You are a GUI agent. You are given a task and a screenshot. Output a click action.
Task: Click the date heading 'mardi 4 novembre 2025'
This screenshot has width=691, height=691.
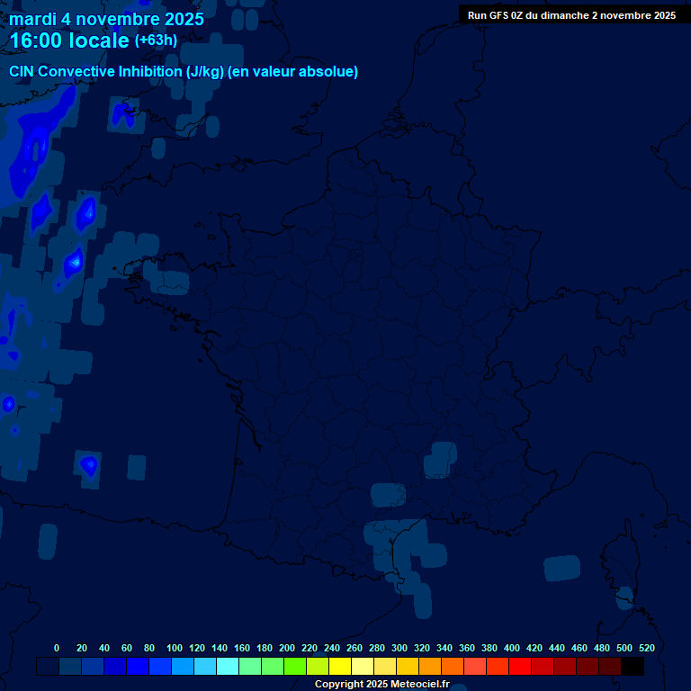pyautogui.click(x=106, y=19)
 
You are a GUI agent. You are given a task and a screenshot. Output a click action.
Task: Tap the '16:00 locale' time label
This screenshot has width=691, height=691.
pyautogui.click(x=69, y=40)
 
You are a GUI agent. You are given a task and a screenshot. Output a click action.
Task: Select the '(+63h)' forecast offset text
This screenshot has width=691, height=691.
pyautogui.click(x=156, y=40)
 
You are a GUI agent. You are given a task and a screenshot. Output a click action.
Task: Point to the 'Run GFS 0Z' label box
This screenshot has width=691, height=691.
pyautogui.click(x=571, y=15)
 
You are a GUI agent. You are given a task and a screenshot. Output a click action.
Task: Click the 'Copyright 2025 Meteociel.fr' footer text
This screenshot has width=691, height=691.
pyautogui.click(x=381, y=684)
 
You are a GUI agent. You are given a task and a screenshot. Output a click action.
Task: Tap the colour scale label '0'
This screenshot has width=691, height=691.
pyautogui.click(x=57, y=648)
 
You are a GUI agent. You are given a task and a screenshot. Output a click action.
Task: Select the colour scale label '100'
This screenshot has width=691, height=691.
pyautogui.click(x=175, y=648)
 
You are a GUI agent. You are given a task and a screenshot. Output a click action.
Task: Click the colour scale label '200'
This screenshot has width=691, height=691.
pyautogui.click(x=287, y=648)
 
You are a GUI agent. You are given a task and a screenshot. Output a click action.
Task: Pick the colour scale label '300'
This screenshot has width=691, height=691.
pyautogui.click(x=399, y=648)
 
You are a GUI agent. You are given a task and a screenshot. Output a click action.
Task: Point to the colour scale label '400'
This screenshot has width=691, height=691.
pyautogui.click(x=512, y=648)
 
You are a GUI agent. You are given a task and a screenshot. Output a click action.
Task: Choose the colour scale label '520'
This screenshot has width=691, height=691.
pyautogui.click(x=646, y=648)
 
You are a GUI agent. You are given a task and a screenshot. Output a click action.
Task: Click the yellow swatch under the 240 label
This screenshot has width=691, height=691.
pyautogui.click(x=340, y=666)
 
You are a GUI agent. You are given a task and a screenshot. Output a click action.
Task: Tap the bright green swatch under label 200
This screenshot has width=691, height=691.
pyautogui.click(x=295, y=666)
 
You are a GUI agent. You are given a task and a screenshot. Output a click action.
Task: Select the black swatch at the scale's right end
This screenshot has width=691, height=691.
pyautogui.click(x=633, y=666)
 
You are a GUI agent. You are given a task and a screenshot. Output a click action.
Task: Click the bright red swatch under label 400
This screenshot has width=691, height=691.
pyautogui.click(x=520, y=666)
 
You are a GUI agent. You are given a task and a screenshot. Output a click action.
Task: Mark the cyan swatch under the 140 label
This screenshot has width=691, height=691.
pyautogui.click(x=228, y=666)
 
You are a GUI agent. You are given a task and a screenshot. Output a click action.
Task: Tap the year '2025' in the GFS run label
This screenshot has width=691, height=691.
pyautogui.click(x=662, y=15)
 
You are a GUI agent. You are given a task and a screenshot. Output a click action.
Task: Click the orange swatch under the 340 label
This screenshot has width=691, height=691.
pyautogui.click(x=453, y=666)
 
